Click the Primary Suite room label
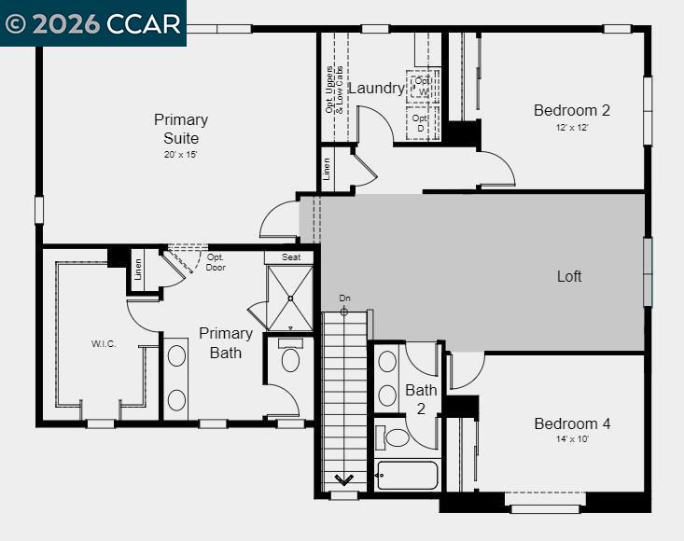[x=181, y=129]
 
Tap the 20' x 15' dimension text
[x=181, y=154]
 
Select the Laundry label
[x=376, y=89]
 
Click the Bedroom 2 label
[x=571, y=110]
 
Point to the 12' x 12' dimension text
[x=573, y=128]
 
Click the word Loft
[x=569, y=276]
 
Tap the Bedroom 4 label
[x=572, y=423]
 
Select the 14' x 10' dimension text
[x=573, y=439]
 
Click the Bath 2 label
[x=421, y=399]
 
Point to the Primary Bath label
[x=226, y=342]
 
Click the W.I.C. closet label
[x=104, y=344]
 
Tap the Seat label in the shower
[x=291, y=257]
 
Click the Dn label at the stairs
[x=344, y=298]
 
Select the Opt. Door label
[x=216, y=262]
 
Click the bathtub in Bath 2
[x=407, y=475]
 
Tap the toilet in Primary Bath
[x=290, y=358]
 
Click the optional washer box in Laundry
[x=422, y=87]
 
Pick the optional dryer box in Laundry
[x=421, y=123]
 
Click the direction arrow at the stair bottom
[x=343, y=479]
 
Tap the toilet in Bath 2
[x=396, y=437]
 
